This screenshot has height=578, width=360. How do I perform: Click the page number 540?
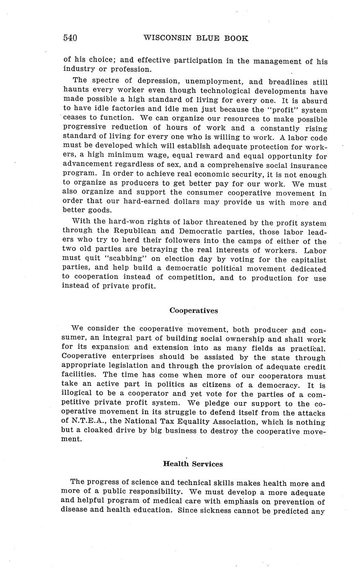70,38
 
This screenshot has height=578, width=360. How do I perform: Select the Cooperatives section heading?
194,310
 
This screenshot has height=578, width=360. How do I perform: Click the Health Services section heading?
193,464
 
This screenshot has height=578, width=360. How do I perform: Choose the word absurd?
313,101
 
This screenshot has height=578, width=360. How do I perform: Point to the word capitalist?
308,259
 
